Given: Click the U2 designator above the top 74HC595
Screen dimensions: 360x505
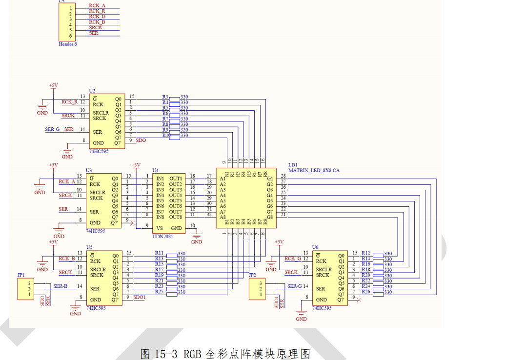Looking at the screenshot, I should [x=92, y=91].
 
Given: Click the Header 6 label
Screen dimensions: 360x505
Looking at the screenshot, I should [x=68, y=44].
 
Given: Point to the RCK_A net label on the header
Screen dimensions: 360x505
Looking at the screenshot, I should [x=97, y=5].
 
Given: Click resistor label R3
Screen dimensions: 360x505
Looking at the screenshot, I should [x=165, y=97].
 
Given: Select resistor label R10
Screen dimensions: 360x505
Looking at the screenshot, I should [x=166, y=136].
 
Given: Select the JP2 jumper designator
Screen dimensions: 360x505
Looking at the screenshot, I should [x=252, y=275].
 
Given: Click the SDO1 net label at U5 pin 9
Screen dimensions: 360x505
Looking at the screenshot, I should [x=139, y=297].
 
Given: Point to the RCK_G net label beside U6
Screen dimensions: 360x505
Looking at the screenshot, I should [x=293, y=259].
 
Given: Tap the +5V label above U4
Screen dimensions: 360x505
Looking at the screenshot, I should [x=136, y=165].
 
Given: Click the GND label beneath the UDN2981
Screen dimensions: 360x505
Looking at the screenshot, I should [x=197, y=242].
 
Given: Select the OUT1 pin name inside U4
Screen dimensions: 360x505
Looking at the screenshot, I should [x=176, y=179].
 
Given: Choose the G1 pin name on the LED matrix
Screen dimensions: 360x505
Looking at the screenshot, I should [x=270, y=179].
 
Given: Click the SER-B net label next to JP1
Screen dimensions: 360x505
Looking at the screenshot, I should [x=61, y=286].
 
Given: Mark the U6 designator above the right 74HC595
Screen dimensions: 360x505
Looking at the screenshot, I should [x=315, y=248].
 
